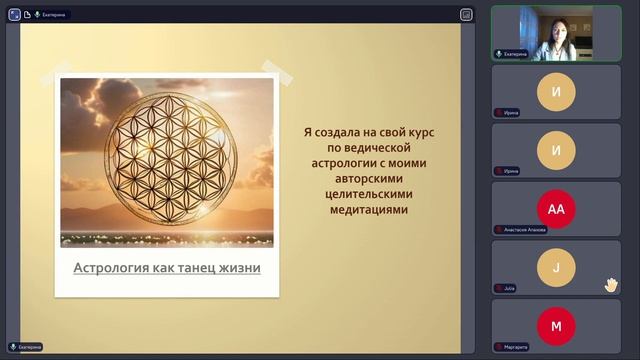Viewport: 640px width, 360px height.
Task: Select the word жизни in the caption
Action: [240, 268]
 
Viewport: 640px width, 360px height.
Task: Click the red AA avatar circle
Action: [556, 209]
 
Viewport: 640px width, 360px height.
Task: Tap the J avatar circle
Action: [556, 268]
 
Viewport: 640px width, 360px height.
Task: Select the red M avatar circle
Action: [556, 326]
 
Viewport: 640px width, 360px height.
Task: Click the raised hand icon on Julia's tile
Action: [610, 285]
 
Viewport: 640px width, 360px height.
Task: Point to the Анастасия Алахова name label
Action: [524, 230]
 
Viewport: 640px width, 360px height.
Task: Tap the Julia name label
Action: [509, 288]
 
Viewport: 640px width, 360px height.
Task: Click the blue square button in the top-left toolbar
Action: [14, 14]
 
